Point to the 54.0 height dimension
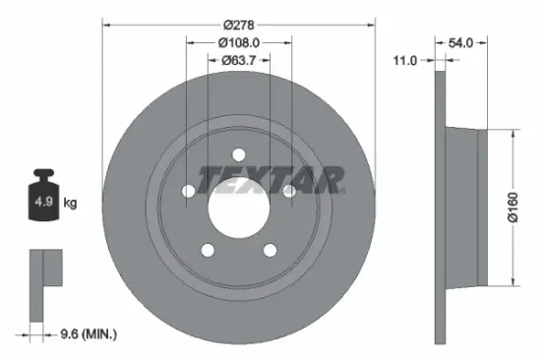(x=461, y=42)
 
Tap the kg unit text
(x=71, y=204)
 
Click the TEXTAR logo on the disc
(x=270, y=179)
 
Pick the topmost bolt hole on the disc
(x=238, y=153)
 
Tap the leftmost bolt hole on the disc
(x=188, y=191)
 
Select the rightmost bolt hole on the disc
(x=289, y=191)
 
